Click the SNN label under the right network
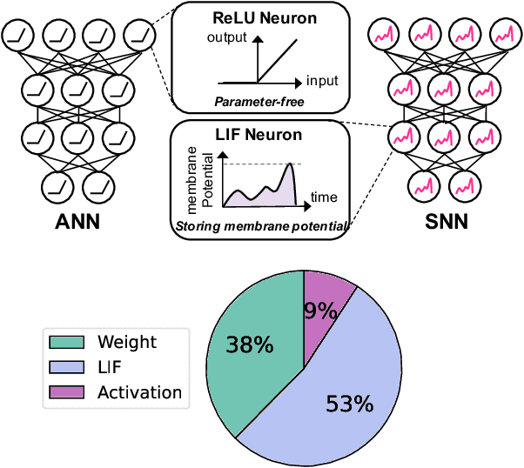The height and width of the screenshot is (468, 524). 444,221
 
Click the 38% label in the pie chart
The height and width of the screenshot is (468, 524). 250,345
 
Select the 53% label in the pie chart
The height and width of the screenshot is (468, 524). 349,403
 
